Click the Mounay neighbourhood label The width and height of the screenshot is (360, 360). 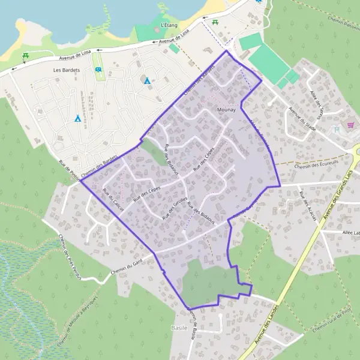tap(227, 110)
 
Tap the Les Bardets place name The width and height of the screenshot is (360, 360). tap(66, 70)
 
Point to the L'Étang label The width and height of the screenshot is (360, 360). tap(170, 25)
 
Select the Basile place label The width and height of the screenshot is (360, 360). tap(179, 328)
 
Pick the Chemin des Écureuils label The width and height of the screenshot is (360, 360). tap(317, 163)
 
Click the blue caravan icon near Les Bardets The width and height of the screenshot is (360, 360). tap(98, 70)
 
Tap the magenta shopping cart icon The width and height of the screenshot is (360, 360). tap(350, 125)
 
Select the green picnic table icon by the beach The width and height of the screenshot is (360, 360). tap(26, 57)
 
